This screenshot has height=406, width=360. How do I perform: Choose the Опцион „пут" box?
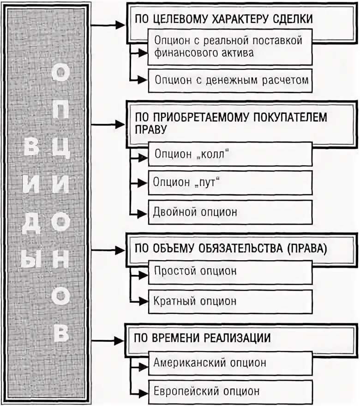[x=230, y=183]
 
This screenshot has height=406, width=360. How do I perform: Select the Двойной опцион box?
[x=230, y=212]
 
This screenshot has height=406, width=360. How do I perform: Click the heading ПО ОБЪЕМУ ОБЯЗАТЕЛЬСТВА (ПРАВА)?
[x=231, y=248]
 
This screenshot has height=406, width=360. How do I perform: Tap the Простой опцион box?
[x=230, y=271]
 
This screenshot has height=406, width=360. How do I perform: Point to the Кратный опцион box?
[x=230, y=301]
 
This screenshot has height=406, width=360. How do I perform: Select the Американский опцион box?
[x=230, y=363]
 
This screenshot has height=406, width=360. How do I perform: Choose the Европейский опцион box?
[x=230, y=392]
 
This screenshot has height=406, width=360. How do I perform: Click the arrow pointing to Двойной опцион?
[x=138, y=214]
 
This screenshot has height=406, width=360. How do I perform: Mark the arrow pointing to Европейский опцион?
[x=138, y=393]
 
